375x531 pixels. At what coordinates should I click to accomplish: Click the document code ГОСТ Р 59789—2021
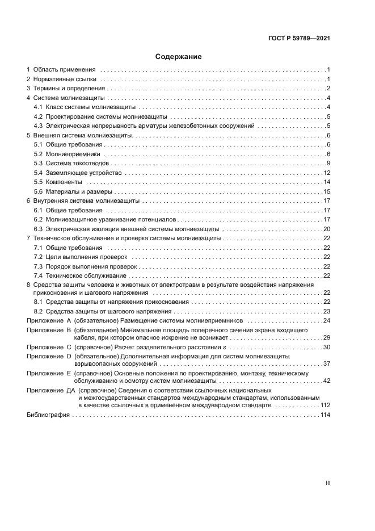tap(299, 39)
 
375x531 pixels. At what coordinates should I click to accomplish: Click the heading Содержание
tap(179, 57)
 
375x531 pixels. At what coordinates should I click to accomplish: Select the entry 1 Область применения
tap(61, 69)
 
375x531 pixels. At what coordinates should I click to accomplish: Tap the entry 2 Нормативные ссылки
tap(62, 79)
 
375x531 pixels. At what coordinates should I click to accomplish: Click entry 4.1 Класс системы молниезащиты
tap(85, 107)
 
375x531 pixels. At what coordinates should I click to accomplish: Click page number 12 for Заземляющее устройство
tap(327, 173)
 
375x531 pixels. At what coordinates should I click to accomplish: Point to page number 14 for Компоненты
tap(327, 182)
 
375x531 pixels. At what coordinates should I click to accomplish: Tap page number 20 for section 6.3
tap(327, 229)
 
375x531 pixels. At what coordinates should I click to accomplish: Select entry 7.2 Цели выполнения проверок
tap(81, 257)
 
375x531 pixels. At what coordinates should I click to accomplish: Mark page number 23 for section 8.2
tap(327, 311)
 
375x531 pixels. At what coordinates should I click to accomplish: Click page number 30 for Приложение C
tap(327, 347)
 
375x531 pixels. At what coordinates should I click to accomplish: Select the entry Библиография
tap(48, 416)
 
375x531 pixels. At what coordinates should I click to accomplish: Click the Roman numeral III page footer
tap(327, 483)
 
